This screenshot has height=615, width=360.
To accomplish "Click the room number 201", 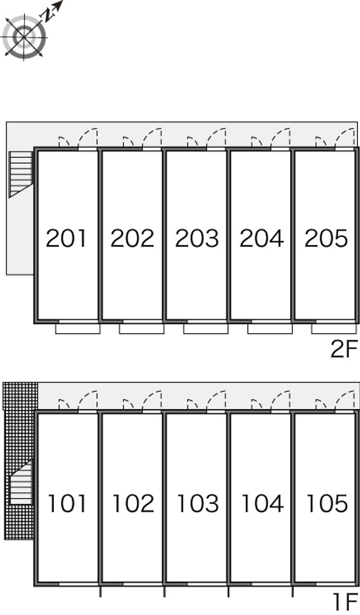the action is (66, 238).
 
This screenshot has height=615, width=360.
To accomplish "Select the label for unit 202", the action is (132, 238).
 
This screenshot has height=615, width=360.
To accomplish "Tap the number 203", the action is (197, 238).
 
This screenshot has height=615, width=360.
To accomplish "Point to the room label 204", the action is (261, 238).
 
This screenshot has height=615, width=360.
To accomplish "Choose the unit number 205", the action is (326, 238).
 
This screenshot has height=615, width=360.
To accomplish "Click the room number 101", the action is (67, 503).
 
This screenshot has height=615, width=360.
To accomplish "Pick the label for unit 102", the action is (133, 503).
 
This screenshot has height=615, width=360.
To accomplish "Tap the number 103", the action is (198, 503).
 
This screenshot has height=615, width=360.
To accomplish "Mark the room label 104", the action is (263, 503).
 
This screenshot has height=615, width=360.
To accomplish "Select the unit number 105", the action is (327, 503).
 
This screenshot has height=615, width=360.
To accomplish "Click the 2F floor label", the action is (345, 349).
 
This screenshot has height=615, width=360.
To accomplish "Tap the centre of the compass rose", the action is (24, 37).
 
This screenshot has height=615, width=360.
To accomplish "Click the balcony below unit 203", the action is (206, 329).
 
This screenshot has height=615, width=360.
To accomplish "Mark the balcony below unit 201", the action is (78, 329).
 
